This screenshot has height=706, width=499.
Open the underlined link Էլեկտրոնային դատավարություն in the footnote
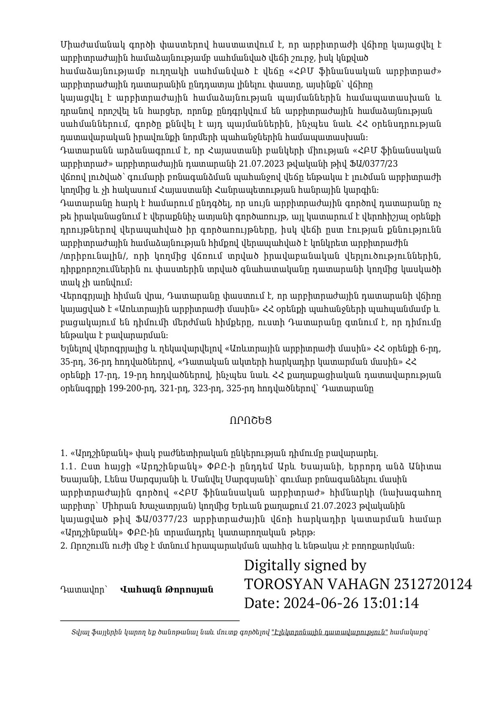(329, 632)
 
